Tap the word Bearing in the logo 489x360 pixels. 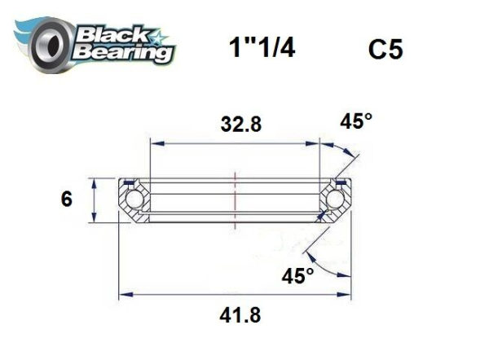pyautogui.click(x=122, y=54)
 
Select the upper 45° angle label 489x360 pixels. pyautogui.click(x=355, y=121)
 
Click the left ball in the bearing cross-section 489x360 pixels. pyautogui.click(x=133, y=200)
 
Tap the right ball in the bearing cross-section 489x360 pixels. pyautogui.click(x=334, y=200)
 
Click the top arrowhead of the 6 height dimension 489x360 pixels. pyautogui.click(x=96, y=182)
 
